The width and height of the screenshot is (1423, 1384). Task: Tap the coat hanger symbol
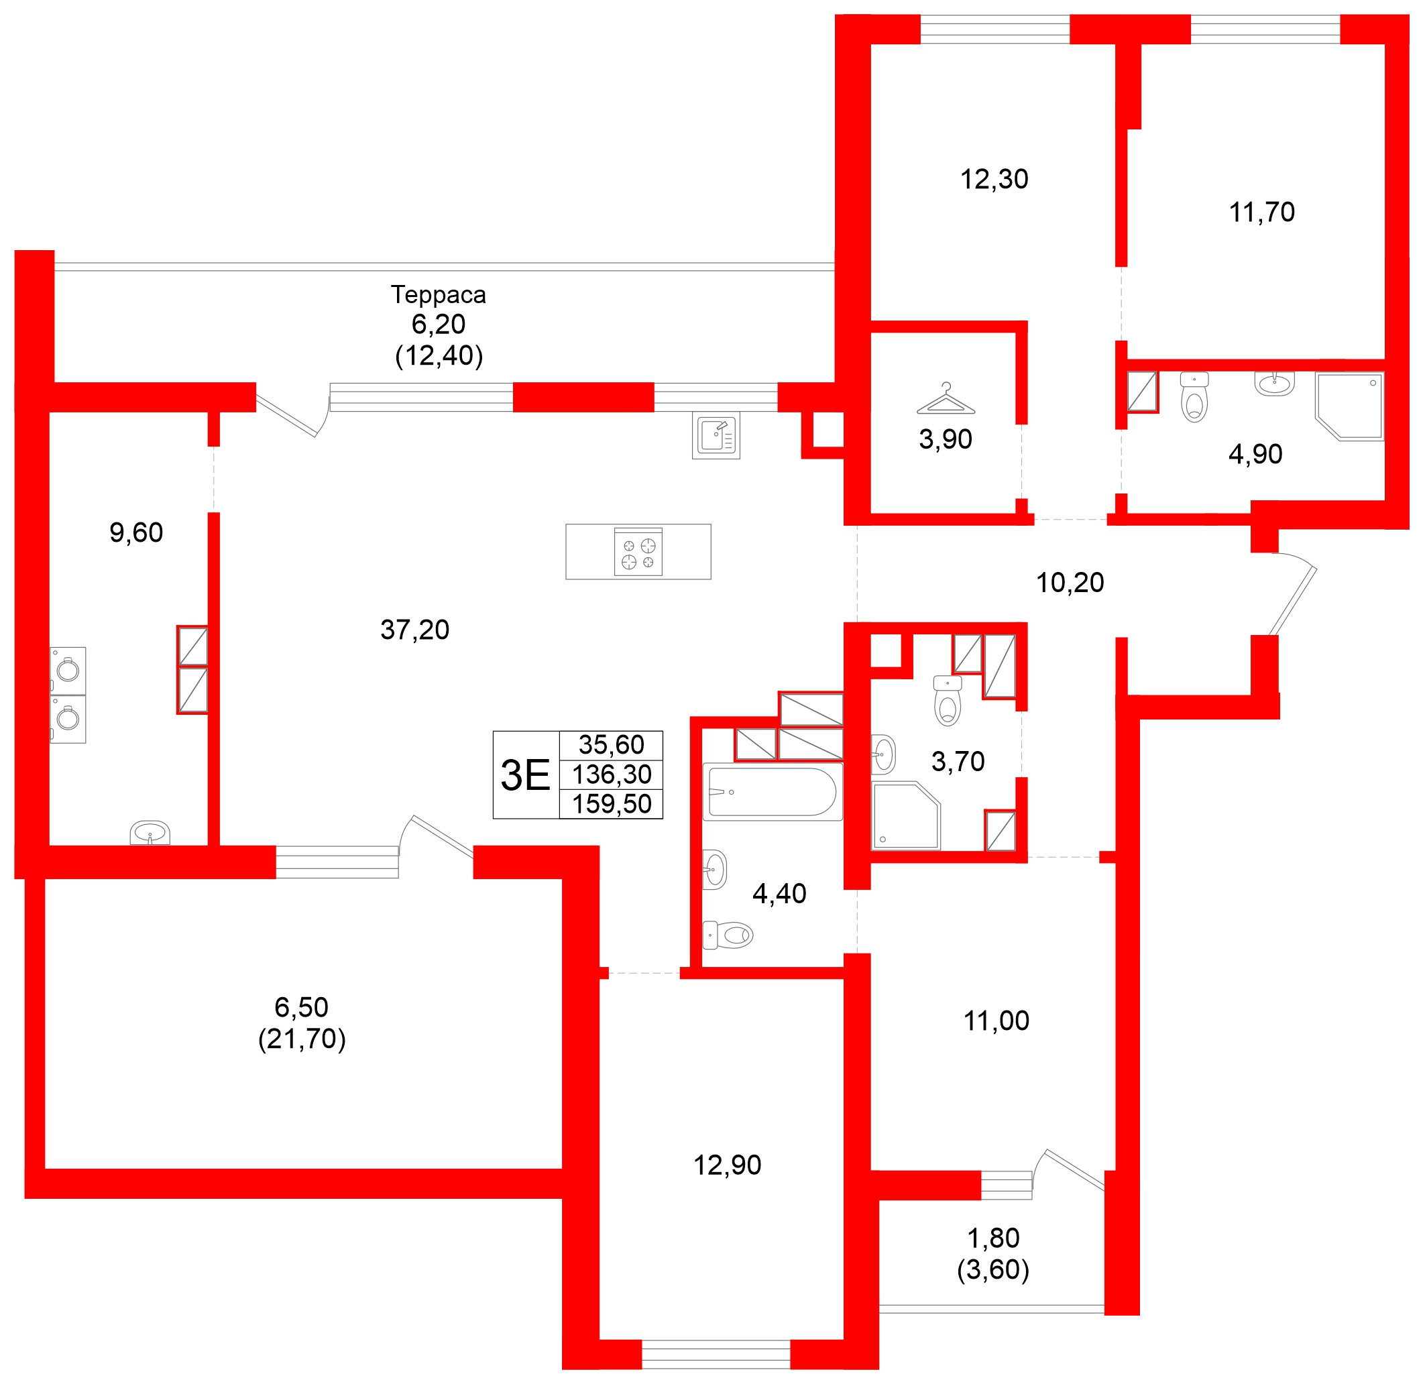946,399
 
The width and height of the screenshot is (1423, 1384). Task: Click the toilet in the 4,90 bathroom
1194,398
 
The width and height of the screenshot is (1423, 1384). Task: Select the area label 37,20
414,630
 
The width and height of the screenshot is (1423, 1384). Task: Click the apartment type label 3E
526,775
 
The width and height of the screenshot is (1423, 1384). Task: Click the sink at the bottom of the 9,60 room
150,832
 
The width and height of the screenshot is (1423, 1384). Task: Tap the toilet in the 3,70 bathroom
948,702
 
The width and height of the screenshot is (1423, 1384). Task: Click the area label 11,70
1261,213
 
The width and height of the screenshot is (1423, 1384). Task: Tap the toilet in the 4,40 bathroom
728,935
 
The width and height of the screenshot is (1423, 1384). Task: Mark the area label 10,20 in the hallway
1069,583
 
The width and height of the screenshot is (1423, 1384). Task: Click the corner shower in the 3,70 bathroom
905,815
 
